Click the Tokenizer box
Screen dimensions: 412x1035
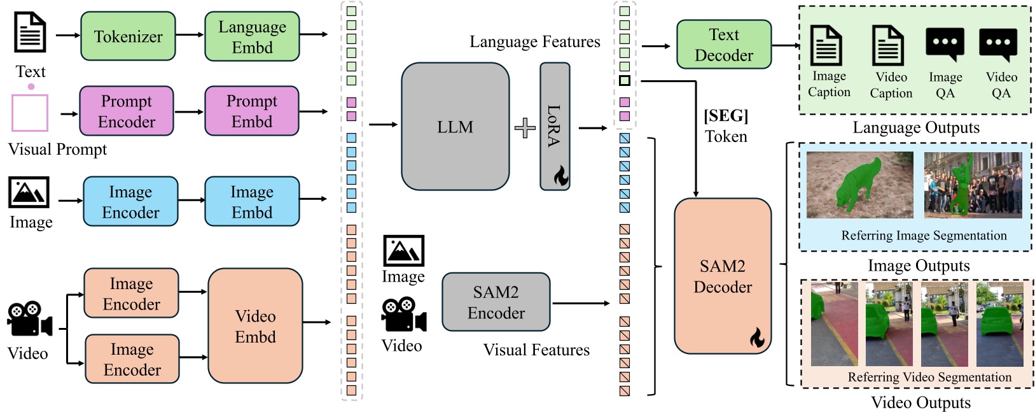[x=128, y=36]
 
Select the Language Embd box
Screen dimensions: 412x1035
[x=252, y=36]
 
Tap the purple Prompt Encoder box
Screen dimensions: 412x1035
[x=127, y=111]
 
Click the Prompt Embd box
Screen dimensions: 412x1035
[x=252, y=111]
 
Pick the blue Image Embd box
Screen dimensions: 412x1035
[x=252, y=201]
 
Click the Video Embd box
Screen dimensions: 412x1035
[x=255, y=325]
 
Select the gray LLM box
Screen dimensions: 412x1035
[x=455, y=127]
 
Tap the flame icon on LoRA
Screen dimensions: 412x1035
[x=560, y=176]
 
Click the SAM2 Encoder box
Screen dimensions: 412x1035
[x=496, y=302]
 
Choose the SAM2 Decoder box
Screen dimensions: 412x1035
[x=722, y=276]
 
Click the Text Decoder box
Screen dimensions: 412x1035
[x=723, y=45]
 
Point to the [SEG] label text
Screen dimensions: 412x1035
[x=725, y=116]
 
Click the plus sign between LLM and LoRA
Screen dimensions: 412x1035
[x=525, y=128]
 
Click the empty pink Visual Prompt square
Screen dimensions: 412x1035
[x=30, y=113]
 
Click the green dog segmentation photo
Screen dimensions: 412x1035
[x=859, y=185]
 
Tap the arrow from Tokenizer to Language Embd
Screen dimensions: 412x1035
[x=190, y=35]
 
